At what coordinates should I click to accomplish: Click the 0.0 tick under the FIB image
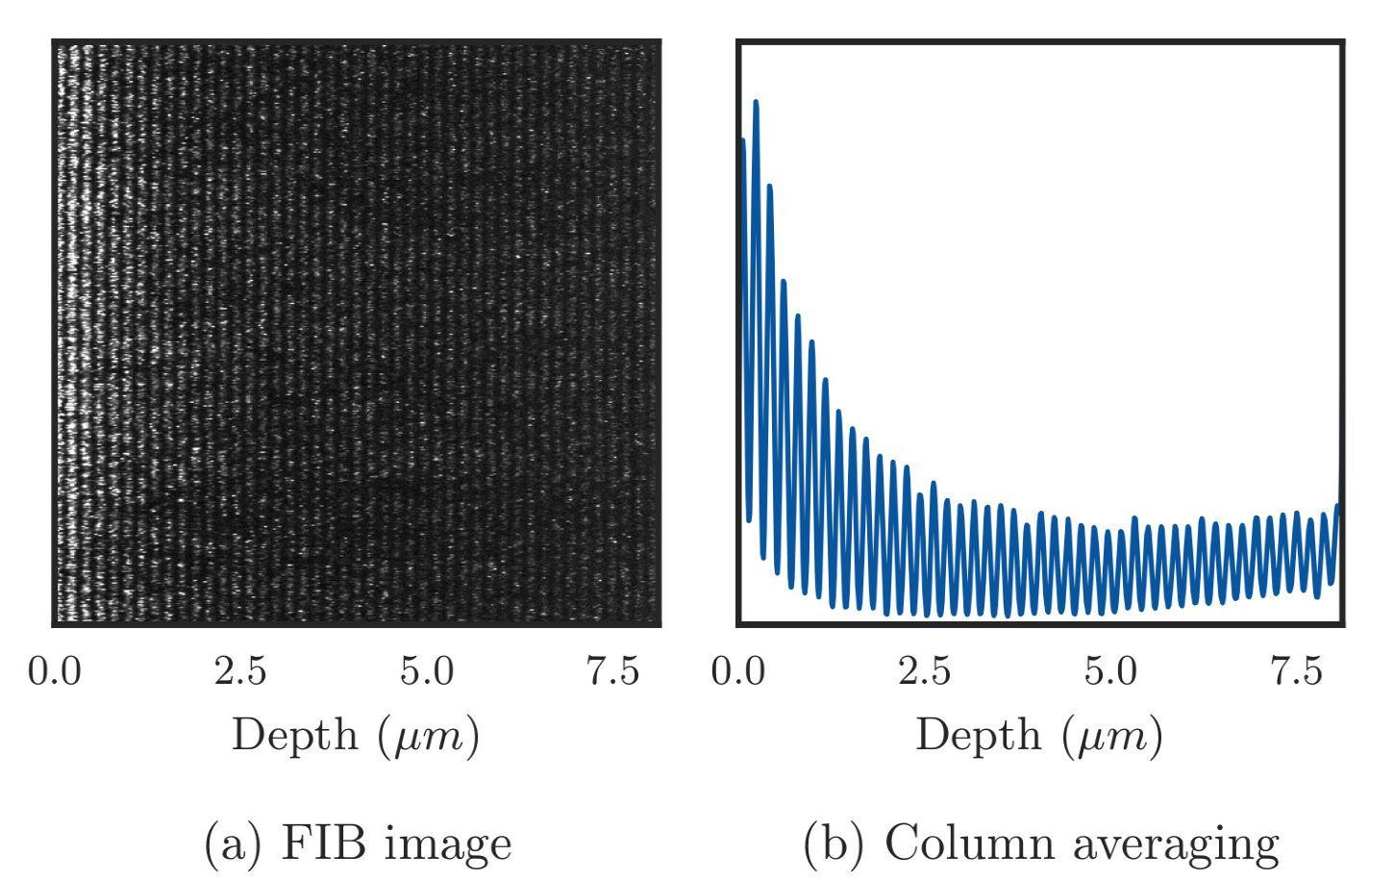pyautogui.click(x=54, y=670)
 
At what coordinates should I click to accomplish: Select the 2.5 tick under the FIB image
pyautogui.click(x=240, y=670)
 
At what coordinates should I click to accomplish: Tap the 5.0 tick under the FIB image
pyautogui.click(x=427, y=670)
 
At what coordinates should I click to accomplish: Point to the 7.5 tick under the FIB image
pyautogui.click(x=613, y=670)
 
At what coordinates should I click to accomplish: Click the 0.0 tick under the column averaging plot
pyautogui.click(x=738, y=670)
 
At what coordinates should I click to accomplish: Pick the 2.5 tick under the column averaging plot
pyautogui.click(x=925, y=670)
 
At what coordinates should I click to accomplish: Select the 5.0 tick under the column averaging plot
pyautogui.click(x=1110, y=670)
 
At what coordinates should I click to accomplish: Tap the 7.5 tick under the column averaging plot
pyautogui.click(x=1297, y=670)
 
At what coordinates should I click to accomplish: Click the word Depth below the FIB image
pyautogui.click(x=295, y=736)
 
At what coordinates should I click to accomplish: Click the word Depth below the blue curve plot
pyautogui.click(x=979, y=736)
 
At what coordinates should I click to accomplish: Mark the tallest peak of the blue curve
pyautogui.click(x=756, y=103)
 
